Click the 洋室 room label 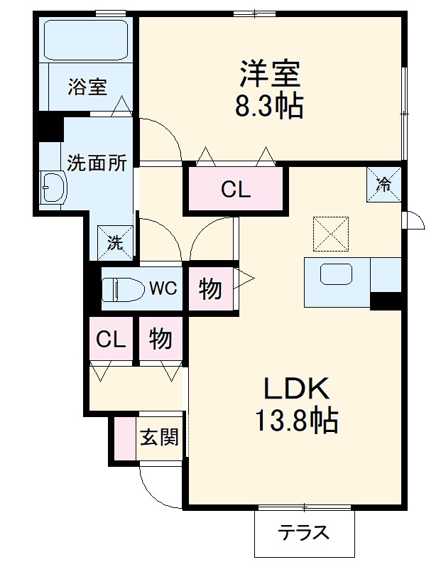point(269,74)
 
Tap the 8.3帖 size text point(269,106)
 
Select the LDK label point(296,389)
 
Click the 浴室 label point(87,87)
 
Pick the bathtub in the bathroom point(85,40)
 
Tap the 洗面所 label point(97,163)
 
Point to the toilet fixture point(121,289)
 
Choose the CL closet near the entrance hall point(111,340)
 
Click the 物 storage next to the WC point(209,288)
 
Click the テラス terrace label point(303,532)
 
